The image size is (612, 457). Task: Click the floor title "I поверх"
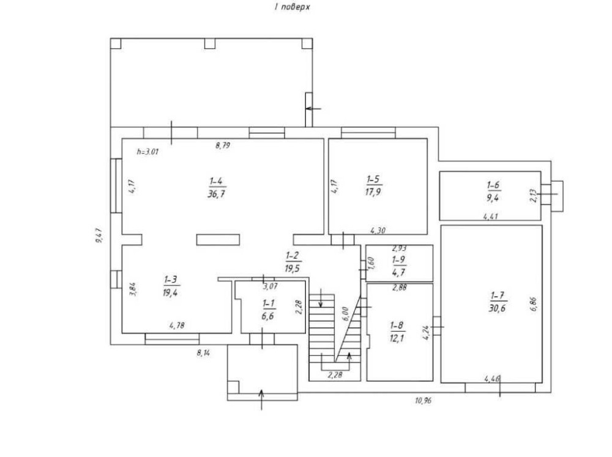[292, 7]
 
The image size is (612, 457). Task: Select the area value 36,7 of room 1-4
[217, 194]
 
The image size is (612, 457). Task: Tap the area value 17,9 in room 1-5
[373, 192]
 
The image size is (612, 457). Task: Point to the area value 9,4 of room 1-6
[493, 198]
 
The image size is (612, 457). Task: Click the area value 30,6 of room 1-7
[497, 308]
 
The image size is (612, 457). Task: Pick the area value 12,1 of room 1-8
[397, 338]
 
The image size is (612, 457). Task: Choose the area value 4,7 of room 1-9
[398, 272]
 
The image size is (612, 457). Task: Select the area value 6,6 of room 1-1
[268, 316]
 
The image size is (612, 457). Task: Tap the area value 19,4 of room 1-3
[170, 292]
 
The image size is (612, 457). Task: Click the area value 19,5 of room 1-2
[293, 269]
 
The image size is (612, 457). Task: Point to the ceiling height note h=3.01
[147, 152]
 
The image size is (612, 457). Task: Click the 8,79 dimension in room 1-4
[223, 146]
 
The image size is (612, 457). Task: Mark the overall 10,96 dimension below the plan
[423, 400]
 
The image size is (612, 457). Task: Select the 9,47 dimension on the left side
[99, 236]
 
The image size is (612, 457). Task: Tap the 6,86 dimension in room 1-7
[534, 303]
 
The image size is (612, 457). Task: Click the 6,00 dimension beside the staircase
[345, 313]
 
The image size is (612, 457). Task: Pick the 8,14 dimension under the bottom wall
[203, 353]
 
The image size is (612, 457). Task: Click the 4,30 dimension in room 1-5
[378, 231]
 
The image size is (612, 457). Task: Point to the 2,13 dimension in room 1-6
[534, 195]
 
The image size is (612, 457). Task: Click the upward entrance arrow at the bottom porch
[261, 399]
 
